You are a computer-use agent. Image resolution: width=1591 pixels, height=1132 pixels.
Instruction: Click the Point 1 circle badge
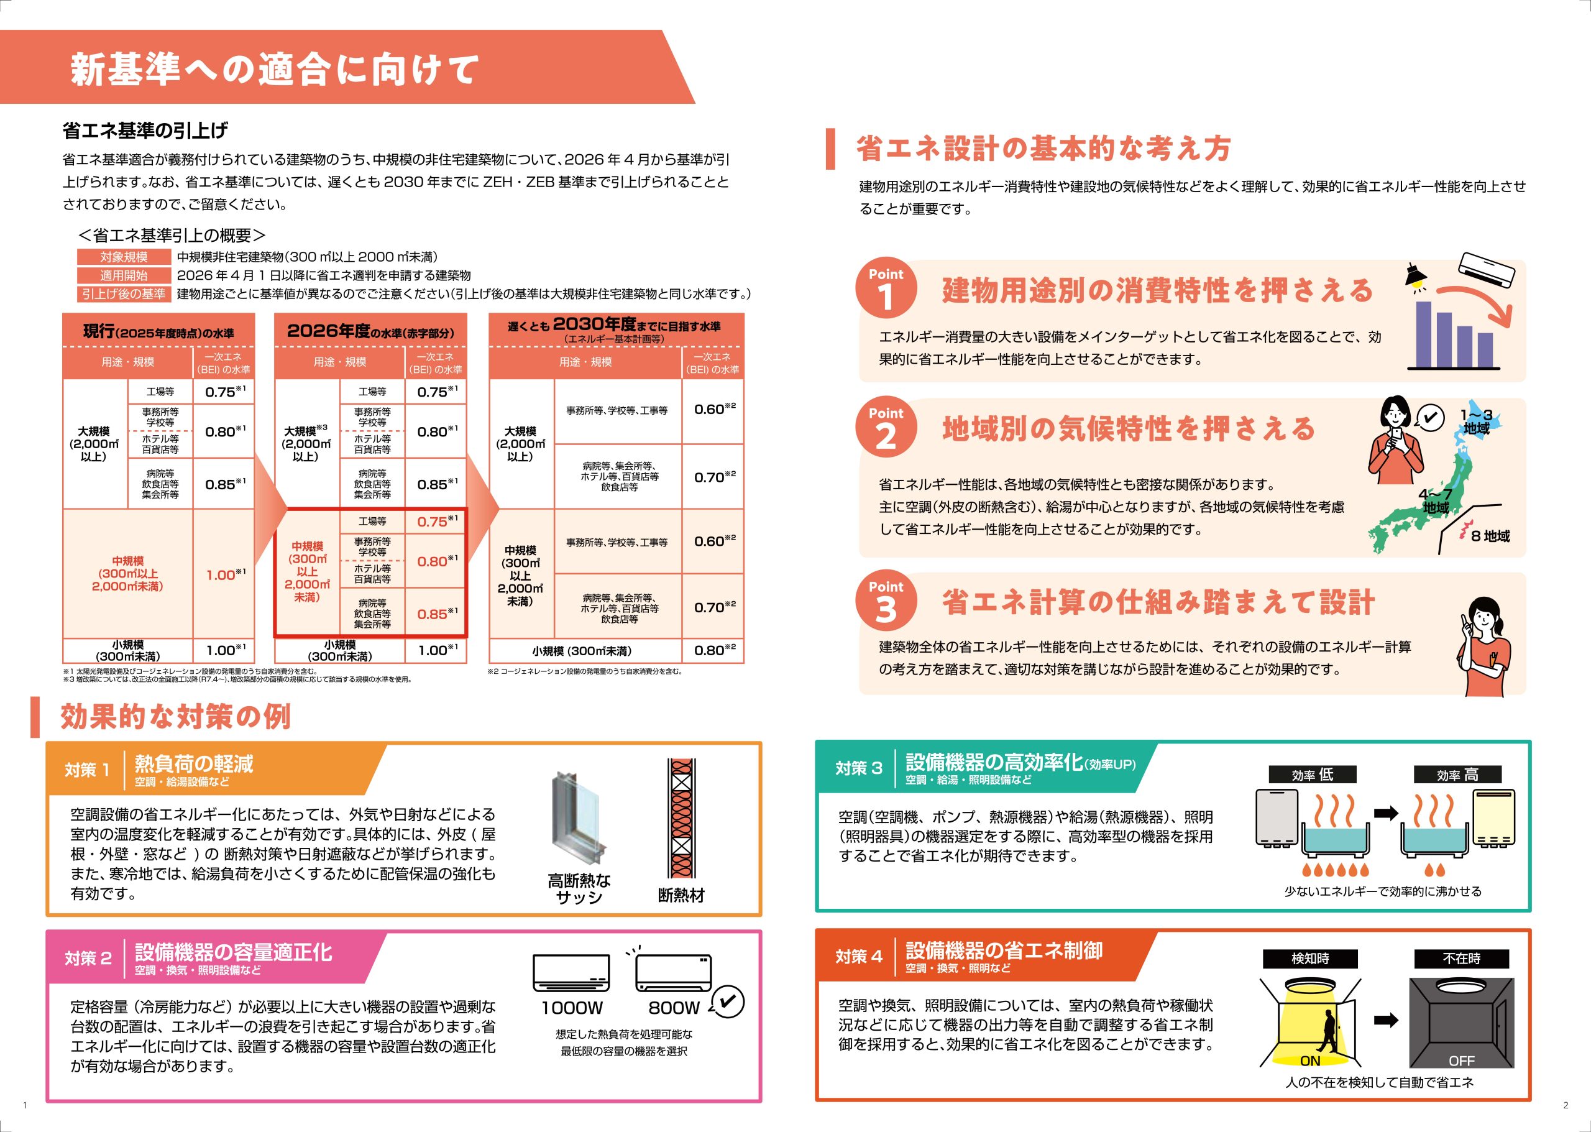coord(886,288)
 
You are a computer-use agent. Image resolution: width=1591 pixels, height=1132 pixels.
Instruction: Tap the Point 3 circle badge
coord(886,601)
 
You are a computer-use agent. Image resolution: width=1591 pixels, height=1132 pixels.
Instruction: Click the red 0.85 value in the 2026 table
coord(438,614)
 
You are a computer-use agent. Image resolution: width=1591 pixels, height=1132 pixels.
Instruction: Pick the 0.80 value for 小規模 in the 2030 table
coord(714,650)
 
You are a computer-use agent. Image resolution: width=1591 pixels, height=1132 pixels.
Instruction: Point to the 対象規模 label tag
coord(123,257)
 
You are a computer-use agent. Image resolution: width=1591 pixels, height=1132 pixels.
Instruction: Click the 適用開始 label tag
coord(123,275)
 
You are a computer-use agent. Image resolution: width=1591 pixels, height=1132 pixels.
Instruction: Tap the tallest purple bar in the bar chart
coord(1424,333)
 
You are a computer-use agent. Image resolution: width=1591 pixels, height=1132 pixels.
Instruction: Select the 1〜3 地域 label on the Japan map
coord(1476,421)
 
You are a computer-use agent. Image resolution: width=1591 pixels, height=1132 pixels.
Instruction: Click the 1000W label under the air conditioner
coord(571,1008)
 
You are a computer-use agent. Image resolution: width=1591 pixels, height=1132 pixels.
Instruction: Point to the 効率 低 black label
coord(1312,775)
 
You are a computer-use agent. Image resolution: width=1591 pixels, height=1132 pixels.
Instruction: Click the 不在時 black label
coord(1461,959)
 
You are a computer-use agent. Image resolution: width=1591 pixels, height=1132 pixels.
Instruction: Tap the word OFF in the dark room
coord(1461,1061)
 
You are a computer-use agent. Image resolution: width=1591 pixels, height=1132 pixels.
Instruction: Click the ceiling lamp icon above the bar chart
coord(1414,275)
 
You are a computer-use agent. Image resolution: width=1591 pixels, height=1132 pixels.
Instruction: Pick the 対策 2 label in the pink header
coord(88,959)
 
